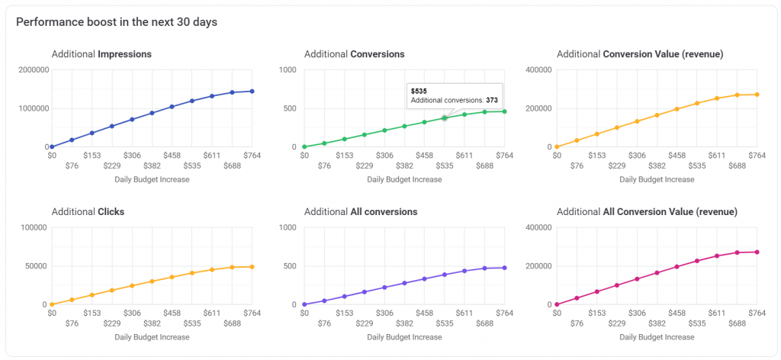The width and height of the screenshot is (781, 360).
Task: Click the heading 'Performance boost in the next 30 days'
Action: tap(117, 22)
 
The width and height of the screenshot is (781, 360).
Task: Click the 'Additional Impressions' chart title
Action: tap(101, 54)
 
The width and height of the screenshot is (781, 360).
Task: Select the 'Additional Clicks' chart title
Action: tap(88, 211)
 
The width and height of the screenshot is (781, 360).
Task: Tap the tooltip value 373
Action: tap(492, 100)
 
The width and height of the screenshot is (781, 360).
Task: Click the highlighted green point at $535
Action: tap(445, 117)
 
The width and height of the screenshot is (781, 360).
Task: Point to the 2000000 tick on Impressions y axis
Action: tap(34, 70)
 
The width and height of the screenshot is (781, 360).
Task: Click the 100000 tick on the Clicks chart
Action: tap(35, 227)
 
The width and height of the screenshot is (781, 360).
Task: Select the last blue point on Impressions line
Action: tap(252, 92)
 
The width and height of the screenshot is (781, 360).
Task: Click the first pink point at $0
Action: tap(558, 304)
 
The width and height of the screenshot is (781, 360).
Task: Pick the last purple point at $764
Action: tap(505, 268)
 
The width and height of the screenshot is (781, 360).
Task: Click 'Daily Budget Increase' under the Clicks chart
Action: tap(151, 336)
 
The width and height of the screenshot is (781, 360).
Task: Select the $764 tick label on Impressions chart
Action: tap(252, 155)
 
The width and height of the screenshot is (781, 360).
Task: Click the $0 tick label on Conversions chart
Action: tap(304, 155)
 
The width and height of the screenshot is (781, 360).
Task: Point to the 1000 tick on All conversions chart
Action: tap(288, 227)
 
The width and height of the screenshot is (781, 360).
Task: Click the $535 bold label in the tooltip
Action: tap(419, 91)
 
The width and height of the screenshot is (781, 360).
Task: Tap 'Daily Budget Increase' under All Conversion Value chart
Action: tap(657, 336)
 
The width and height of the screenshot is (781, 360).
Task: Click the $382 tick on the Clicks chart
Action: tap(151, 323)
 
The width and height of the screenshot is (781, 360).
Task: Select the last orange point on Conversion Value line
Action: tap(757, 95)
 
